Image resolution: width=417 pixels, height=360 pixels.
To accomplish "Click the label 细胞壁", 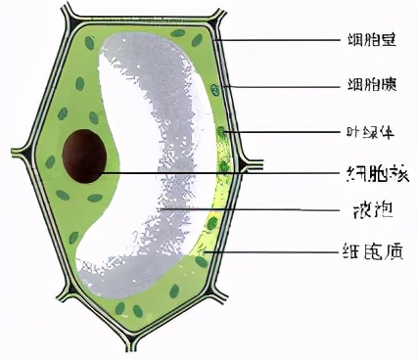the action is point(367,41).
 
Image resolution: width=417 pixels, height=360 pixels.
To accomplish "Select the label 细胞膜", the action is point(367,85).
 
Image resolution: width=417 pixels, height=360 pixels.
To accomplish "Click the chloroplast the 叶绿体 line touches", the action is point(222,130).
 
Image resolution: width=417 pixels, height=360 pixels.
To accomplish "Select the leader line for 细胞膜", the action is point(284,86).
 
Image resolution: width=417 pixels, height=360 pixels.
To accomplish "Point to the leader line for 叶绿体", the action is point(284,131).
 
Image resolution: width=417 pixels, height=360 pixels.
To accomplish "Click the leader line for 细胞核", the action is point(225,173).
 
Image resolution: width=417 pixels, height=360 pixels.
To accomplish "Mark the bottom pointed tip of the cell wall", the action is point(128,349).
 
